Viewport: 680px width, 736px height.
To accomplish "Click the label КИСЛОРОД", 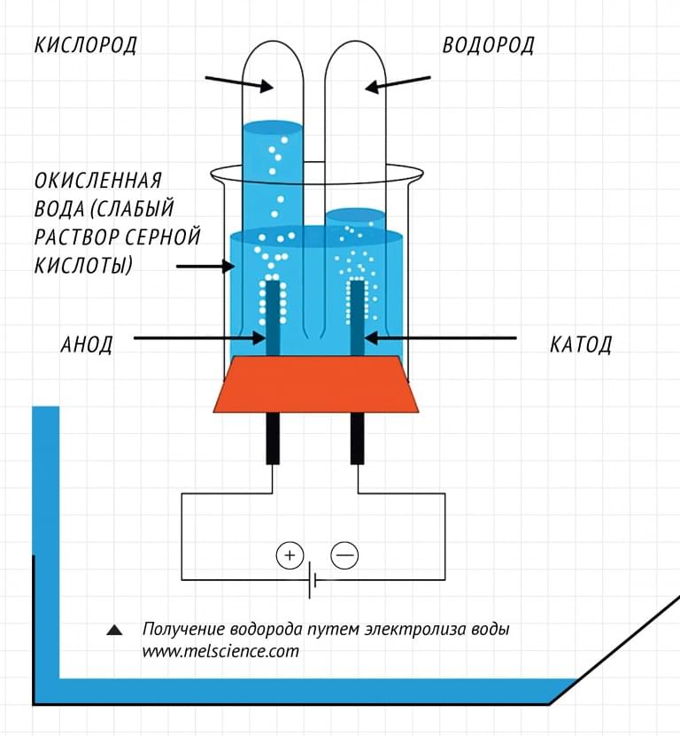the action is [x=86, y=45].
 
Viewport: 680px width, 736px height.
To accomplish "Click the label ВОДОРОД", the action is [x=489, y=45].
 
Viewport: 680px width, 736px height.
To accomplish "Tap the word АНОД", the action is [x=87, y=345].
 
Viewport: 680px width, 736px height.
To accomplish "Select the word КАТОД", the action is [x=581, y=345].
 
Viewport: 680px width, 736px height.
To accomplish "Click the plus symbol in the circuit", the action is [x=290, y=555].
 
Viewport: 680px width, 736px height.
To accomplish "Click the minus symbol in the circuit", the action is [x=345, y=555].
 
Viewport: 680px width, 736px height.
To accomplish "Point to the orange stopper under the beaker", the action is [x=316, y=384].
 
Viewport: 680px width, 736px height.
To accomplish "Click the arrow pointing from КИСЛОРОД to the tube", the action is [x=239, y=83].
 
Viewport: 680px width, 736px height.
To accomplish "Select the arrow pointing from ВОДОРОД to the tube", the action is [x=398, y=83].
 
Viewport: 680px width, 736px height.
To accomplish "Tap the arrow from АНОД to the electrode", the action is [x=200, y=337].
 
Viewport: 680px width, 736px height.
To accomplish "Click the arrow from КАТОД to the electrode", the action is [x=440, y=337].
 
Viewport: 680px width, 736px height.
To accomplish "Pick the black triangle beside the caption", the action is [x=114, y=630].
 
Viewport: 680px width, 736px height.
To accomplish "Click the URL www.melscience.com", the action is [x=220, y=651].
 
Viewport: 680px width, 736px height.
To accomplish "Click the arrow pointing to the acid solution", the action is [x=205, y=267].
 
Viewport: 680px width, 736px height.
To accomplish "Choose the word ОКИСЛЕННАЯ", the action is [x=98, y=181].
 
